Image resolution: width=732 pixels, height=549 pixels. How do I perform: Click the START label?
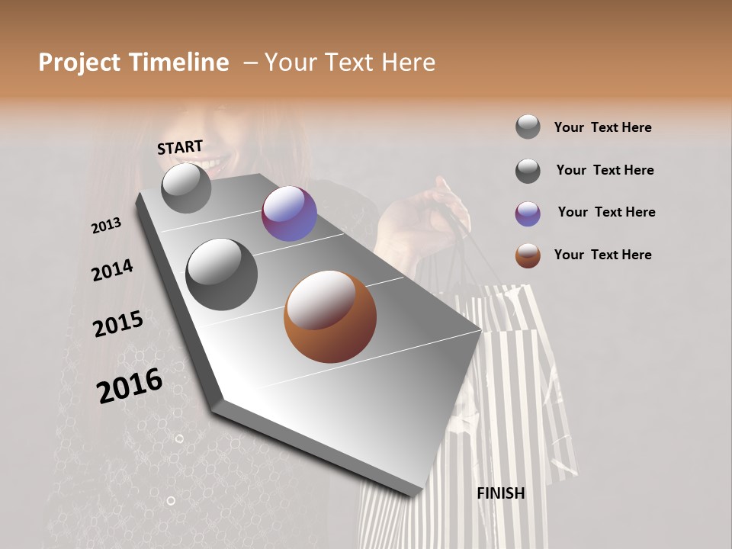pos(180,147)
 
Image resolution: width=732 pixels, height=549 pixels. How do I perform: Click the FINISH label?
pos(500,493)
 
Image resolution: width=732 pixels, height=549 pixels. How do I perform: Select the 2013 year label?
pos(107,226)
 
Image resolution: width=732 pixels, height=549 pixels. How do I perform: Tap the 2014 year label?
pos(112,270)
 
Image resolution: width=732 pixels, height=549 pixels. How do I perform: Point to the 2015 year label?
pos(118,324)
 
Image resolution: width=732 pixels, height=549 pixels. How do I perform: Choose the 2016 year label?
pos(130,386)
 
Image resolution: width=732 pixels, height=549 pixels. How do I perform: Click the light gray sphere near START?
pos(186,188)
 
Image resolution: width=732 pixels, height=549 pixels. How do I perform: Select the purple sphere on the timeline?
pos(289,213)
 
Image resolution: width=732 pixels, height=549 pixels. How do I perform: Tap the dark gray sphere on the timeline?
pos(221,274)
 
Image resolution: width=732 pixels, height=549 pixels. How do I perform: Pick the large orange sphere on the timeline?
pos(330,316)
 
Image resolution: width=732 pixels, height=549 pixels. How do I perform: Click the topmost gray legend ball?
pos(528,127)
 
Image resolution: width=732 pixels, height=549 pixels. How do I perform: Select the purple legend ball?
pos(528,213)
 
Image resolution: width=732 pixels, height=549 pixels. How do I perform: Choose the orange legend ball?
pos(528,255)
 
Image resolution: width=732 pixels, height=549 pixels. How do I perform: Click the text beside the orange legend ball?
pos(602,255)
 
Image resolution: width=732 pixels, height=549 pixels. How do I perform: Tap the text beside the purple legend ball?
pos(606,212)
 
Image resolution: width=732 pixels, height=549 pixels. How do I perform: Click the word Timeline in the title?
pos(180,63)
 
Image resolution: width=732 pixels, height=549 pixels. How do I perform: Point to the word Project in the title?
pos(79,63)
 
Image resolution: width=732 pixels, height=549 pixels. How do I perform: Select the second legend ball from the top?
pos(528,171)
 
